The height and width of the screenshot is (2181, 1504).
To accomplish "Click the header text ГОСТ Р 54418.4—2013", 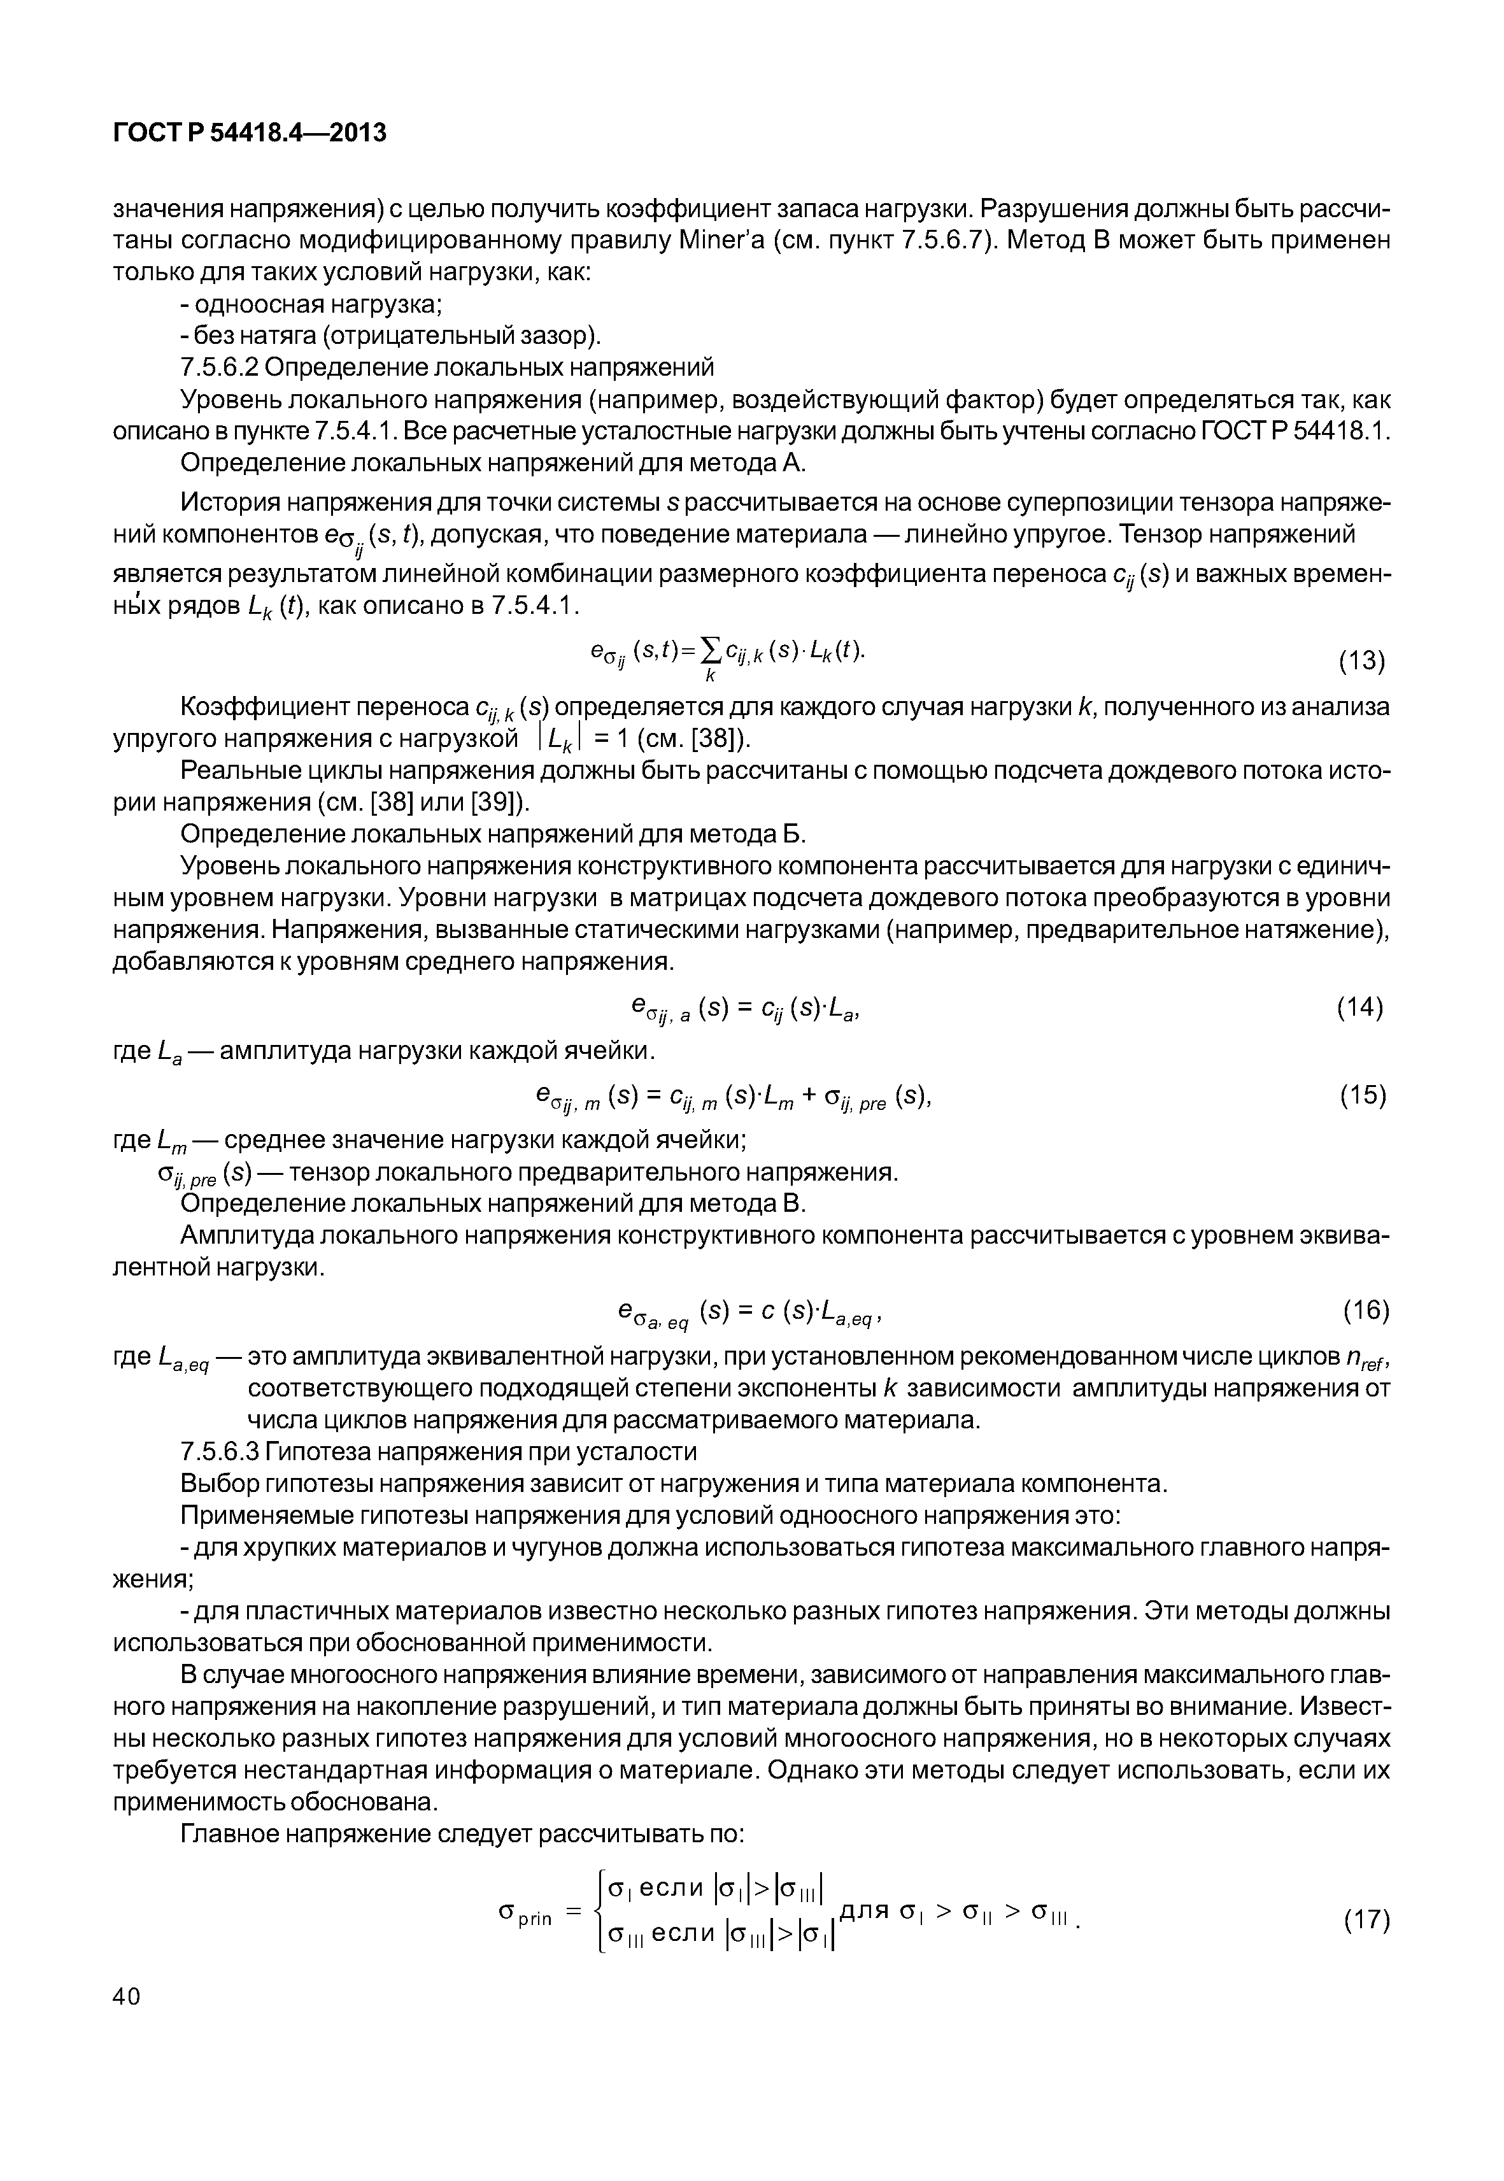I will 250,133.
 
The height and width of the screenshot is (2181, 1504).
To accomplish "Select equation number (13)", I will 1362,662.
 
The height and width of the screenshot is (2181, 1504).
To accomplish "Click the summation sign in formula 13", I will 711,650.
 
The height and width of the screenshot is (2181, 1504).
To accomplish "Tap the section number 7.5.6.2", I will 222,367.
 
